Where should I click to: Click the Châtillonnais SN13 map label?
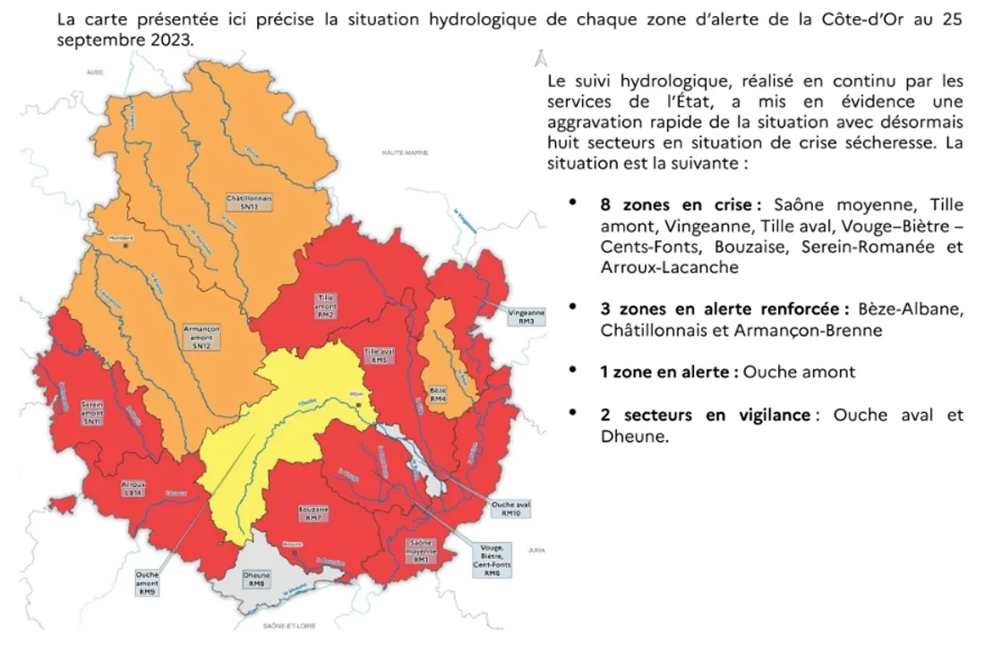(x=250, y=202)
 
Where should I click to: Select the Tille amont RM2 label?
(x=325, y=306)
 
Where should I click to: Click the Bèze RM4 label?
(x=438, y=395)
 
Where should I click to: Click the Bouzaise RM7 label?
(x=313, y=513)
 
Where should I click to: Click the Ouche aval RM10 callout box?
(x=510, y=509)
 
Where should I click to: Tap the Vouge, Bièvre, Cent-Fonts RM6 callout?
(x=492, y=560)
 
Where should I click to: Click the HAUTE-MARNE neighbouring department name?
(x=405, y=152)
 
